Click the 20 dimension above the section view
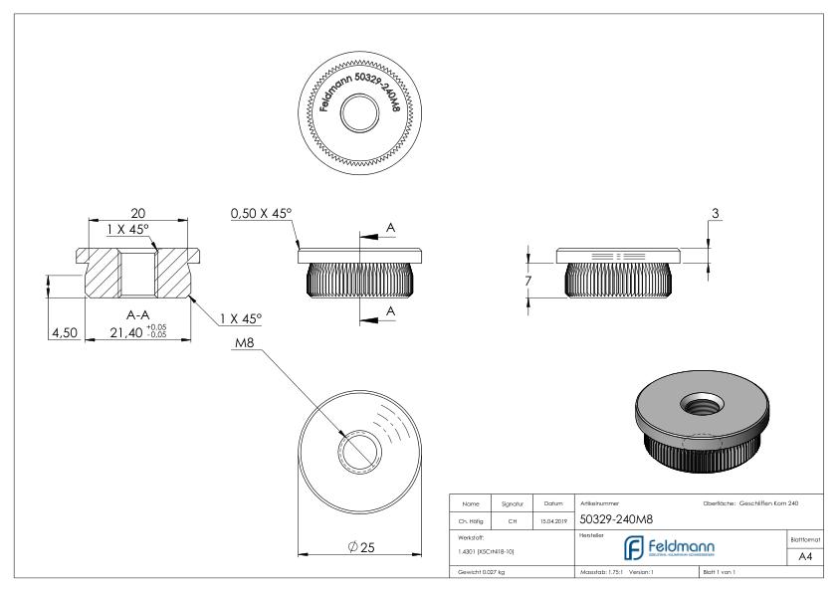click(138, 211)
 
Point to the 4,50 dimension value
click(64, 333)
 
